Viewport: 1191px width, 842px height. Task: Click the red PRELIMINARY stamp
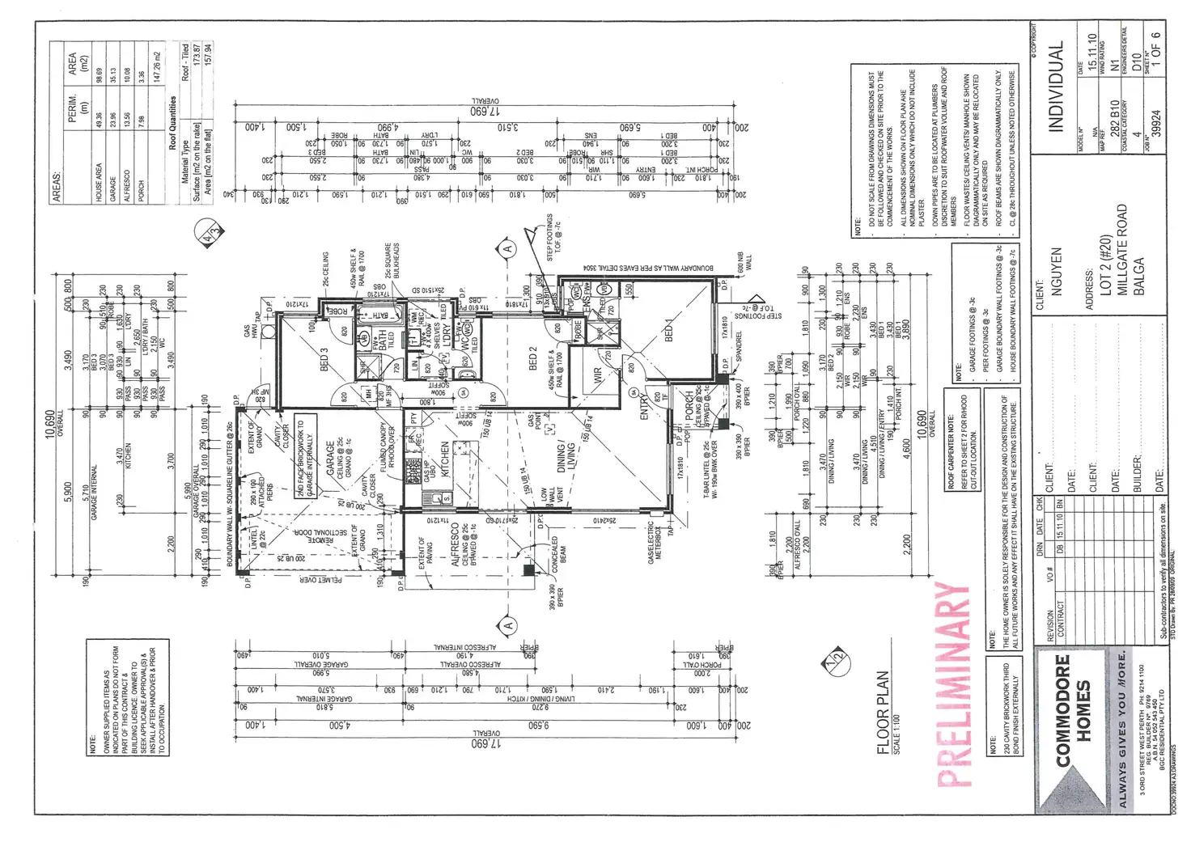click(953, 684)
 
